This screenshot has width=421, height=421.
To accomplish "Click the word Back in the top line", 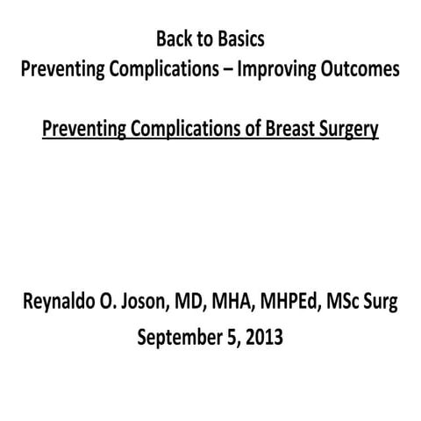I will click(172, 39).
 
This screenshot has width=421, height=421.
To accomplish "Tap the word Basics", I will click(239, 39).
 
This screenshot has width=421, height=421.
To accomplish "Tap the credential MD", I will click(191, 303).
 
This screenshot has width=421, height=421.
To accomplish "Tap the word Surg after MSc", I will click(379, 303).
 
